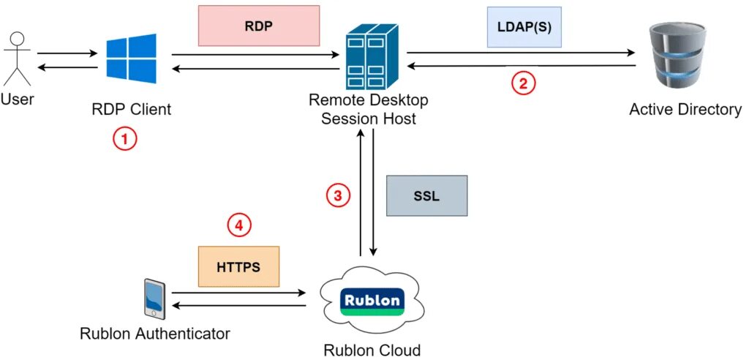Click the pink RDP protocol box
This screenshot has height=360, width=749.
259,26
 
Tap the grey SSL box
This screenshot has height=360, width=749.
426,195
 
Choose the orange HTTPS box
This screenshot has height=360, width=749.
238,266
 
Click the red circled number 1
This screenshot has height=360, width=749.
124,139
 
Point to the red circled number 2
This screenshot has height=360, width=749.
523,83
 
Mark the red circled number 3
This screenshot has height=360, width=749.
337,195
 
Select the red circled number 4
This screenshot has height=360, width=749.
238,225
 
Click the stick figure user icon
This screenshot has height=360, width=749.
17,59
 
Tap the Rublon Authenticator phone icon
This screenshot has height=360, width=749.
154,298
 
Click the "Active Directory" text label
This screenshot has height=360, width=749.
685,110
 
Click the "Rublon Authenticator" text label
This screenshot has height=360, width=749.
155,334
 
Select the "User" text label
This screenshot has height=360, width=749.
17,100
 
